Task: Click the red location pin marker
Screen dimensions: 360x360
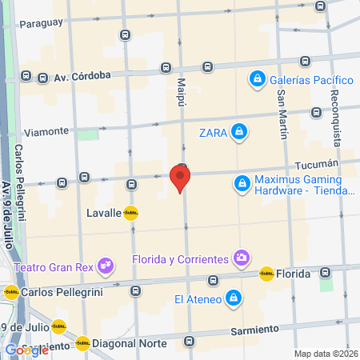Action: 180,178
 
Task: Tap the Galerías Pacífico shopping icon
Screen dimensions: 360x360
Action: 257,79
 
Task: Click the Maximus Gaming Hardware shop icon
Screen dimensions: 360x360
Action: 241,184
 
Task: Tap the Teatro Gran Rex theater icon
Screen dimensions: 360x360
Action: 104,266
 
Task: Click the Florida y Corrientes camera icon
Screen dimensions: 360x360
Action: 240,258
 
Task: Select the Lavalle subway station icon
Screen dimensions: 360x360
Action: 130,213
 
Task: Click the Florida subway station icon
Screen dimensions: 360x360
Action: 266,274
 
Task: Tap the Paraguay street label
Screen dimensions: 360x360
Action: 40,22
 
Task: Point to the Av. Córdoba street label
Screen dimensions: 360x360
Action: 82,78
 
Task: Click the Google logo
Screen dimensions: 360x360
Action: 26,350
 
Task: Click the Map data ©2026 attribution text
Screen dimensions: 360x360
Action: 326,353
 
